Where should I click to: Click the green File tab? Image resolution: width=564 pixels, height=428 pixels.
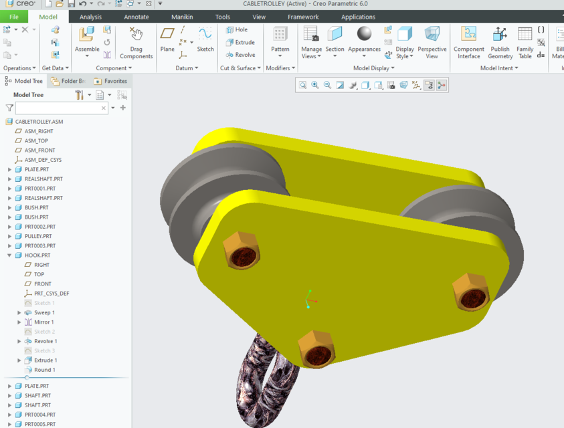point(14,17)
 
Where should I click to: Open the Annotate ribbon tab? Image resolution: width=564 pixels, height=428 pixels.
point(136,17)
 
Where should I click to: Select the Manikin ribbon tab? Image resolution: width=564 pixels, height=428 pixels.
point(182,17)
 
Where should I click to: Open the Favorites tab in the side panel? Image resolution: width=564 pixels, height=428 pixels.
point(110,81)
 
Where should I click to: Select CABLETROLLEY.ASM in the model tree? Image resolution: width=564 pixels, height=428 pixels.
point(39,122)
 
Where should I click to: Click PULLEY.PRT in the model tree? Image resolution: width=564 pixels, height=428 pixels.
point(38,236)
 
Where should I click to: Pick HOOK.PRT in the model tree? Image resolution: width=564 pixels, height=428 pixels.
point(37,255)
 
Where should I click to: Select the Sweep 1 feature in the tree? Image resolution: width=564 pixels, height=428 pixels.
point(44,312)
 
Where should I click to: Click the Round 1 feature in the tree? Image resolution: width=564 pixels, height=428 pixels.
point(44,370)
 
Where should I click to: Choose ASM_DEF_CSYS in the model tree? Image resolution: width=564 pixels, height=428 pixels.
point(43,160)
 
